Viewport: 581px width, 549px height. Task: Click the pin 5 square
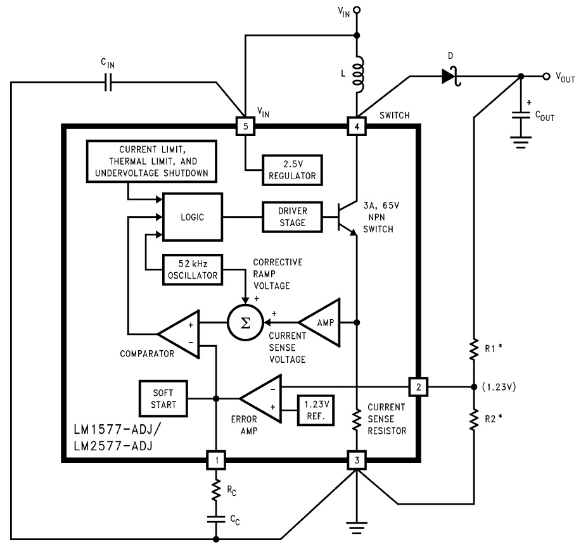pyautogui.click(x=245, y=126)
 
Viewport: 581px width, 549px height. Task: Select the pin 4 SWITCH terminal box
pyautogui.click(x=357, y=126)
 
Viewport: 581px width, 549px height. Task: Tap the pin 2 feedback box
pyautogui.click(x=418, y=387)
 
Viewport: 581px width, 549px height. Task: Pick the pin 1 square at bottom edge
pyautogui.click(x=217, y=460)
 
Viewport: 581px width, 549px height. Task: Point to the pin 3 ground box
pyautogui.click(x=357, y=460)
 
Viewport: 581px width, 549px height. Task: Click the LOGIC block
pyautogui.click(x=193, y=217)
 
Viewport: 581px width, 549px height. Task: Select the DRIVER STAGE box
pyautogui.click(x=292, y=217)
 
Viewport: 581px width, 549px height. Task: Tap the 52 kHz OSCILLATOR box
pyautogui.click(x=193, y=270)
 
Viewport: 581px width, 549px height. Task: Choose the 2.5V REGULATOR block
pyautogui.click(x=292, y=170)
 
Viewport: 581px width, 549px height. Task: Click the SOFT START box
pyautogui.click(x=163, y=399)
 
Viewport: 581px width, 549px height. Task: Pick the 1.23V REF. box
pyautogui.click(x=316, y=410)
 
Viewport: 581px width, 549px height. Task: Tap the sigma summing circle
pyautogui.click(x=245, y=322)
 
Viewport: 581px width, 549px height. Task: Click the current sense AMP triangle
pyautogui.click(x=319, y=322)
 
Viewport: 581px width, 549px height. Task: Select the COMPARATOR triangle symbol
pyautogui.click(x=179, y=334)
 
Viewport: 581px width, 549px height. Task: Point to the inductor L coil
pyautogui.click(x=359, y=75)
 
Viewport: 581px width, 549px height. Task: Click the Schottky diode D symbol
pyautogui.click(x=451, y=77)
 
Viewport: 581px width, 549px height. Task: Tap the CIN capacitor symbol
pyautogui.click(x=108, y=82)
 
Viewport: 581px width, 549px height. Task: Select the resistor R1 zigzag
pyautogui.click(x=474, y=349)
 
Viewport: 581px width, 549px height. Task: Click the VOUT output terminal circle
pyautogui.click(x=546, y=77)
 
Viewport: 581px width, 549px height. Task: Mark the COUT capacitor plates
pyautogui.click(x=521, y=115)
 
